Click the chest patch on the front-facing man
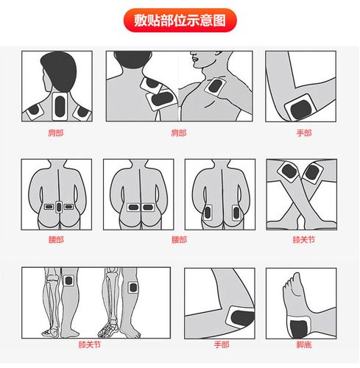216,88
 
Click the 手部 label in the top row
303,132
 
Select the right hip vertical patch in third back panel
236,213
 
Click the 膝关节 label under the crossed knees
303,239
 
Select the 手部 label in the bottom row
222,344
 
